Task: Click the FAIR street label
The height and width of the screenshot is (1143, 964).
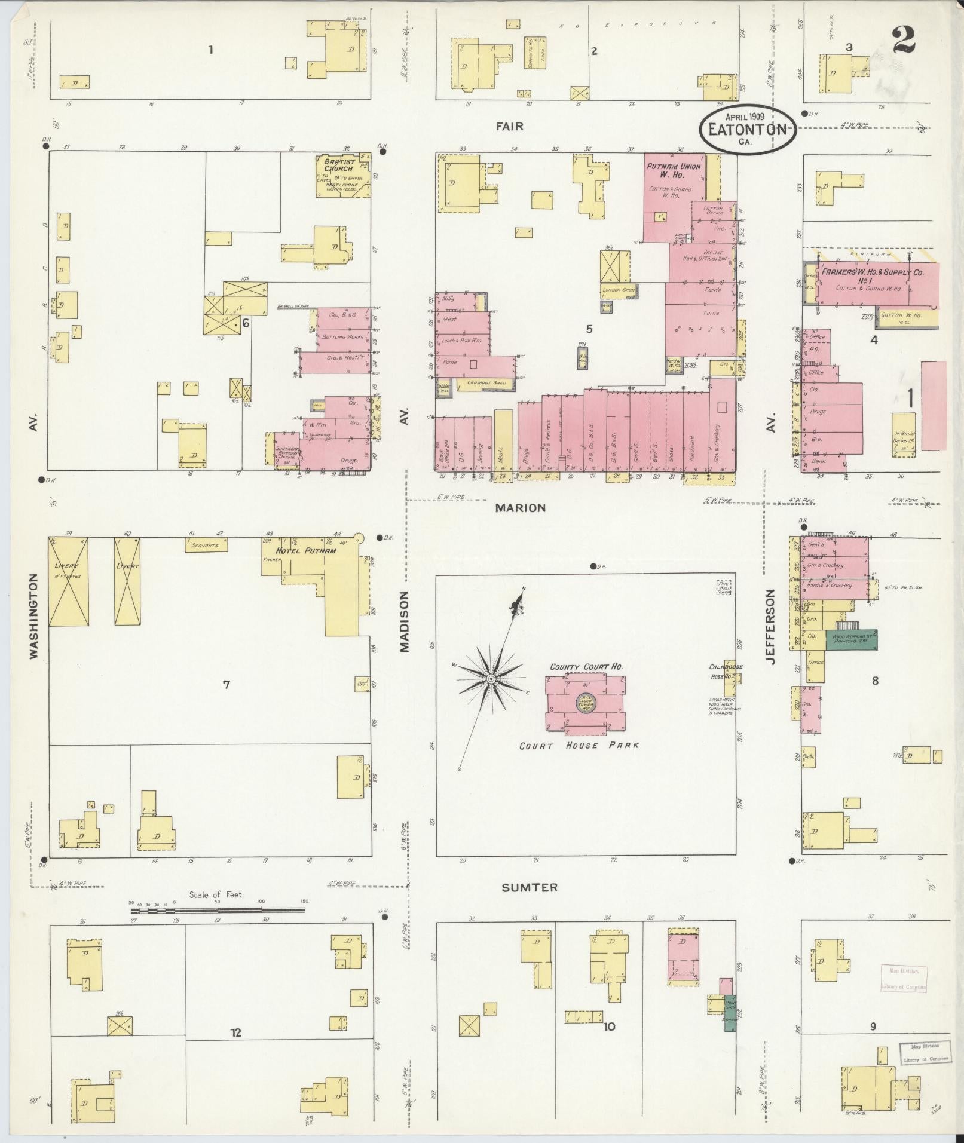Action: (x=509, y=126)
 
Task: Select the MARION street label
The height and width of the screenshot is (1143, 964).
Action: (x=520, y=508)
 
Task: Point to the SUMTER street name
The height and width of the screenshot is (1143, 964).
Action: (x=521, y=888)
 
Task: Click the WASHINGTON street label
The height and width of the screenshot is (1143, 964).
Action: (x=33, y=617)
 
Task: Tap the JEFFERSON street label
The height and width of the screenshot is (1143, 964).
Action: (x=771, y=627)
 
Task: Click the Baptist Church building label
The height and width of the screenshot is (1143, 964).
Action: (x=339, y=165)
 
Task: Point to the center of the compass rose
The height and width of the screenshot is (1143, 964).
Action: (x=490, y=679)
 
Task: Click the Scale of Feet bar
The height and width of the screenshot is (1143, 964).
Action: (x=218, y=927)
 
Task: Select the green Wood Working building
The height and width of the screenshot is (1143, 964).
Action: (x=851, y=640)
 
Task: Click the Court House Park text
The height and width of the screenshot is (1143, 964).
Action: (x=579, y=746)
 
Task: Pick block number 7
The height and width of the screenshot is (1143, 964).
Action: (x=226, y=685)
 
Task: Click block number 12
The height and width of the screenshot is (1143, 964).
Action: (x=236, y=1032)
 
